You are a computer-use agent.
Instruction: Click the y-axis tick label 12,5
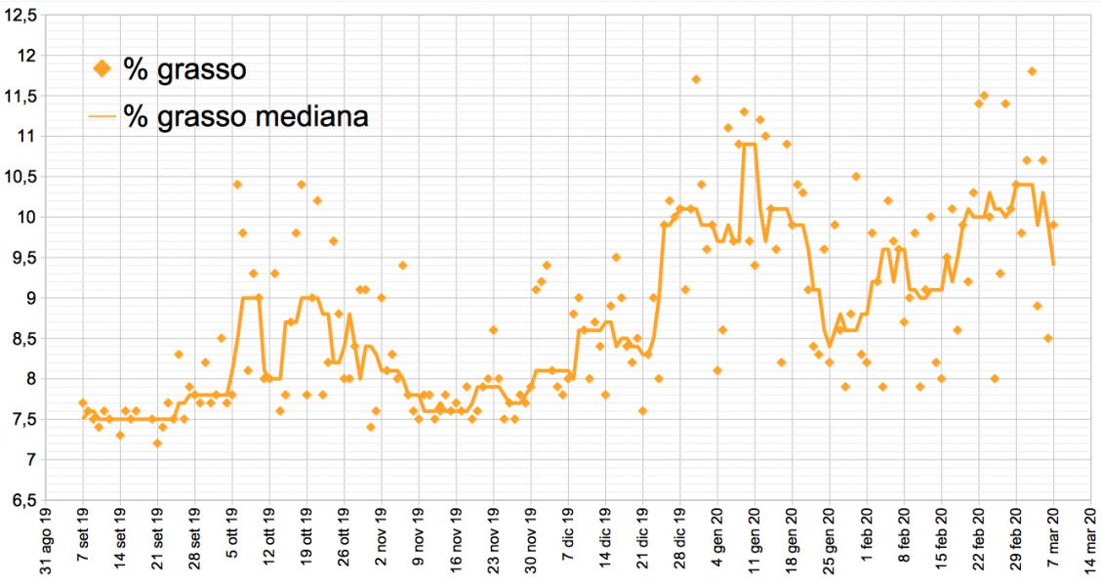(x=21, y=15)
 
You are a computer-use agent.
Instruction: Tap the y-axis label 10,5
(x=21, y=176)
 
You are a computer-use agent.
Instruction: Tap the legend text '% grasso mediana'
(x=246, y=116)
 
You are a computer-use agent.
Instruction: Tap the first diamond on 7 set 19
(x=83, y=403)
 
